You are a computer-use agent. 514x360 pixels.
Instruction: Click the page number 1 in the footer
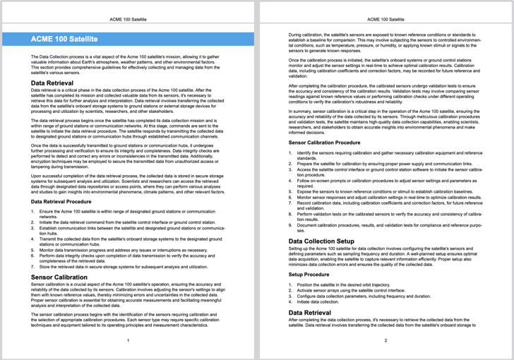click(x=128, y=340)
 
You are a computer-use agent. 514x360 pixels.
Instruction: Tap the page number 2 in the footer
click(x=385, y=340)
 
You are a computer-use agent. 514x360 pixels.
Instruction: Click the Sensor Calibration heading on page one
click(x=59, y=277)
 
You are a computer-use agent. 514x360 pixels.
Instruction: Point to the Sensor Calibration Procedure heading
click(x=328, y=142)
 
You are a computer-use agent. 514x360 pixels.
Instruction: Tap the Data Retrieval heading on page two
click(x=309, y=311)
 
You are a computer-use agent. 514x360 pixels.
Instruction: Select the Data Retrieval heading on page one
click(x=52, y=83)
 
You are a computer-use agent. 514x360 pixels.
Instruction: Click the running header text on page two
click(x=385, y=20)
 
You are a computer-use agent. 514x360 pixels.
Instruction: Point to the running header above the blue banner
click(x=128, y=20)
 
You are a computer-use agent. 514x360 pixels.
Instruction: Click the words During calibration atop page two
click(x=305, y=33)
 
